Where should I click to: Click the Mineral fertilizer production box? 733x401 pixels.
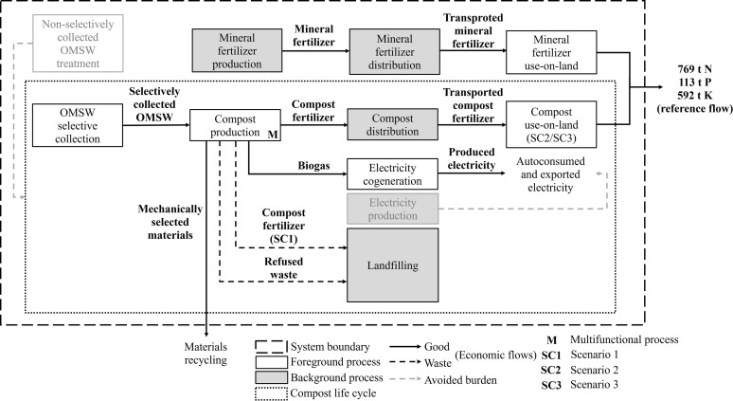[237, 50]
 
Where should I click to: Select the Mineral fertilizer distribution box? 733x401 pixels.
[395, 52]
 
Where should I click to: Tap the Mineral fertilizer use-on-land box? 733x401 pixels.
[551, 52]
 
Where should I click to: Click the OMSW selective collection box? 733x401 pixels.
[78, 125]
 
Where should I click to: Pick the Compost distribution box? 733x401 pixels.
[393, 124]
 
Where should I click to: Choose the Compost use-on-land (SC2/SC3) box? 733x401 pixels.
[551, 124]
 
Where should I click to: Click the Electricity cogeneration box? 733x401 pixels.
[393, 174]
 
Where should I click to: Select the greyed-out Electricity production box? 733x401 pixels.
[393, 209]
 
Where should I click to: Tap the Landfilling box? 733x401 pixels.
[393, 265]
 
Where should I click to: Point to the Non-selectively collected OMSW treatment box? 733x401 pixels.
[78, 44]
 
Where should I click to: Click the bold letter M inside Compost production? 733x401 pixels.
[273, 135]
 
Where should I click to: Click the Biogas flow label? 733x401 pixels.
[313, 166]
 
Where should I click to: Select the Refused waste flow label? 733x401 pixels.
[284, 268]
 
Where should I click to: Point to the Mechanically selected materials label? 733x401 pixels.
[170, 222]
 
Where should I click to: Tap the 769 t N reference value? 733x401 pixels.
[695, 69]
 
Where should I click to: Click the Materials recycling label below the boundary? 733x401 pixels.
[206, 354]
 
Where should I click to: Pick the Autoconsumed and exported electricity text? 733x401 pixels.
[550, 174]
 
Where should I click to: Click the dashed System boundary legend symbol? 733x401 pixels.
[271, 347]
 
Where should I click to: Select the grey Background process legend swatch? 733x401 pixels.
[271, 377]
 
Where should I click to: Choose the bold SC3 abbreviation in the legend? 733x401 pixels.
[550, 385]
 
